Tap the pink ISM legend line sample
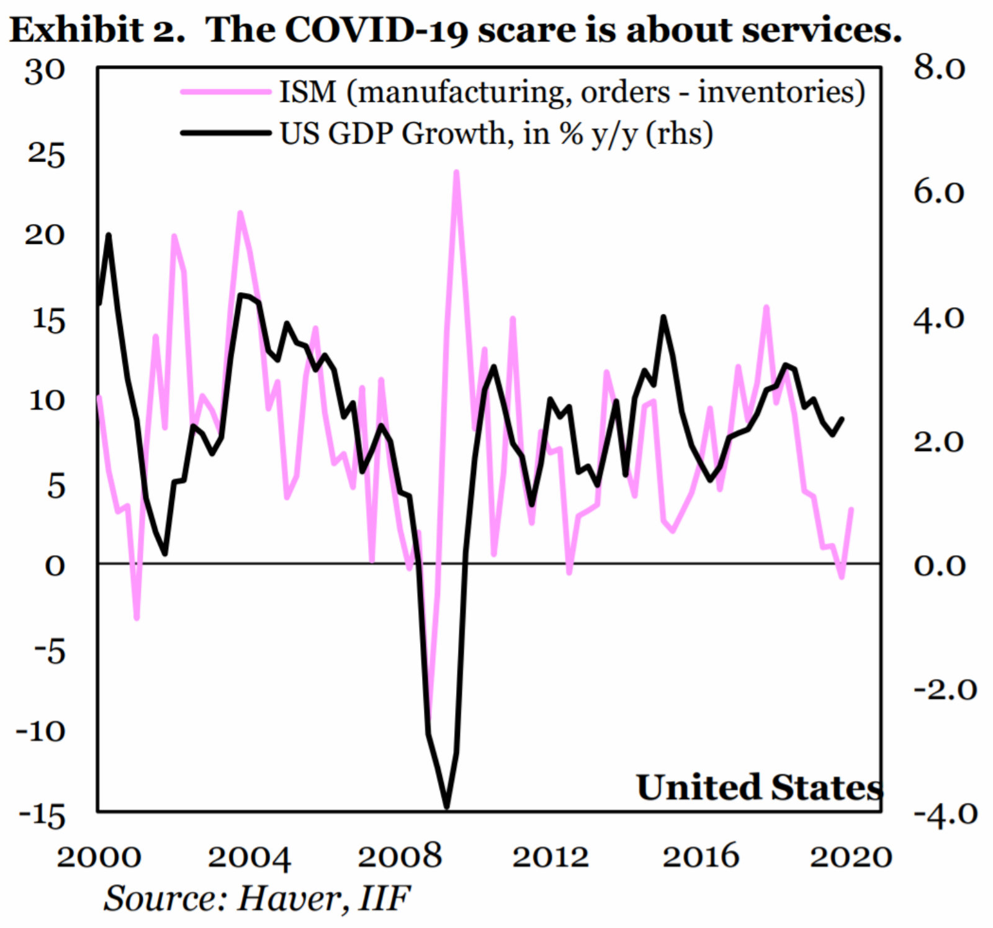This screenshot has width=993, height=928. pos(225,92)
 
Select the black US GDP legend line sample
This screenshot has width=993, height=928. pos(225,132)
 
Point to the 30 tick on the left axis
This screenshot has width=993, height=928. pos(45,71)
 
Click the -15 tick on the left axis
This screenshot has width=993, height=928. pos(42,816)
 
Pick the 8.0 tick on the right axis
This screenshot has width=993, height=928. pos(939,68)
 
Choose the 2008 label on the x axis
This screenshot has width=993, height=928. pos(400,857)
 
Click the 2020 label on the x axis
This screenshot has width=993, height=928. pos(851,857)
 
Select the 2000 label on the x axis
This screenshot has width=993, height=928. pos(99,857)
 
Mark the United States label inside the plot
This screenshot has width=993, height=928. pos(759,787)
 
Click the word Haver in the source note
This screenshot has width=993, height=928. pos(289,898)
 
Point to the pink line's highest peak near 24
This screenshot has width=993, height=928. pos(456,172)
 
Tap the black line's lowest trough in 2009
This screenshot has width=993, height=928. pos(447,807)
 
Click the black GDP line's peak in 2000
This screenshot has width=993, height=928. pos(109,234)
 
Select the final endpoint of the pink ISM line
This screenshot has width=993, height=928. pos(851,509)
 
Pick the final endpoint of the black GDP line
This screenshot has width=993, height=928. pos(842,419)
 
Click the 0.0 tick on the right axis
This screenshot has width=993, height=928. pos(939,565)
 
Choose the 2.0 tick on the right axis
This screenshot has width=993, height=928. pos(939,441)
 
